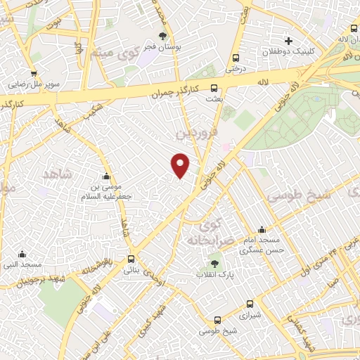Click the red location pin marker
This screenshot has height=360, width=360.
click(x=181, y=165)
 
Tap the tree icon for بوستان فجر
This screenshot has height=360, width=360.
click(x=163, y=35)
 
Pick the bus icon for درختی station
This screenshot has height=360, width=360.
click(x=235, y=58)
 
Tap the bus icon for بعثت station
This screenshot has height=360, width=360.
click(x=214, y=89)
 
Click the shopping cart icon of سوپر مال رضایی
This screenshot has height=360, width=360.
click(x=33, y=74)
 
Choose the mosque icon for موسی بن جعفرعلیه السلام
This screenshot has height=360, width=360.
click(x=106, y=176)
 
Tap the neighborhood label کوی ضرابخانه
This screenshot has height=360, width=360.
click(x=206, y=233)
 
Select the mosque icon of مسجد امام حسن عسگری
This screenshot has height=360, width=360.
click(x=262, y=229)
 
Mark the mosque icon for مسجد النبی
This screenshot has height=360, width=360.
click(x=22, y=254)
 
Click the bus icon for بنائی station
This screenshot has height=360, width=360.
click(x=131, y=259)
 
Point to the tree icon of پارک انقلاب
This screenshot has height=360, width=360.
click(x=214, y=264)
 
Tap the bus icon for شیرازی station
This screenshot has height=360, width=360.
click(x=250, y=305)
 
